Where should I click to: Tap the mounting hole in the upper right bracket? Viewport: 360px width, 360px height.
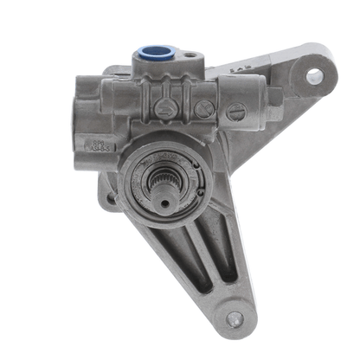tap(314, 77)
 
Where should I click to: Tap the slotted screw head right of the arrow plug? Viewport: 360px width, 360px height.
tap(204, 109)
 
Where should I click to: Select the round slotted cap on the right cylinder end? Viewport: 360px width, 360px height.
tap(235, 111)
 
